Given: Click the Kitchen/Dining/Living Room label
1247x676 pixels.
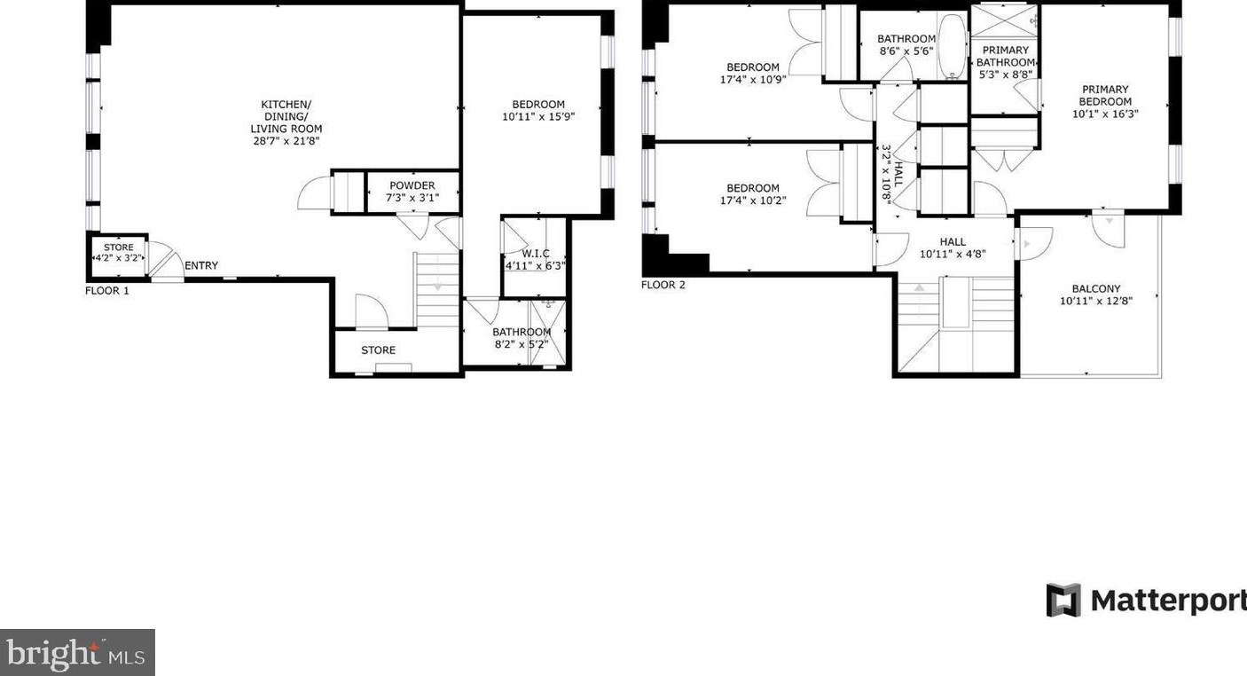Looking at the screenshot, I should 286,116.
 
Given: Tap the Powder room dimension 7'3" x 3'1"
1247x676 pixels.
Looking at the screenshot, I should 413,198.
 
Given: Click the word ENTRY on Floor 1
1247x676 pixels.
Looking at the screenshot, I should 201,266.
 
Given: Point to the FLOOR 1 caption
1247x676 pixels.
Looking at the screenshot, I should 107,290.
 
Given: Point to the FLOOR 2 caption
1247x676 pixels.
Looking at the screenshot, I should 663,285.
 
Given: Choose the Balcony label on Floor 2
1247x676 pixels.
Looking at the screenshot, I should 1096,289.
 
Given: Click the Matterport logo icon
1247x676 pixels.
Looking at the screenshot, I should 1063,600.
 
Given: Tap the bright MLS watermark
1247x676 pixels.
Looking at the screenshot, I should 77,653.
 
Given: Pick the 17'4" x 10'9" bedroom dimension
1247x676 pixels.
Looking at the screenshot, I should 753,79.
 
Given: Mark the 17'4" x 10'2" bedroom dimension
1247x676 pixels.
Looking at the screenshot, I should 753,200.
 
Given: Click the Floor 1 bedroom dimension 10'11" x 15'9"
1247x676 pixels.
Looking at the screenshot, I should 538,116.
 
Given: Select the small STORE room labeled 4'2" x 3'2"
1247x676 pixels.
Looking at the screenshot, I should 119,253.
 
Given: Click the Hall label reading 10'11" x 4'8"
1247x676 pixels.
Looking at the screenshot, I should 953,253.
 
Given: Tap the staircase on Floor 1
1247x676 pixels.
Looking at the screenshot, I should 437,289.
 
